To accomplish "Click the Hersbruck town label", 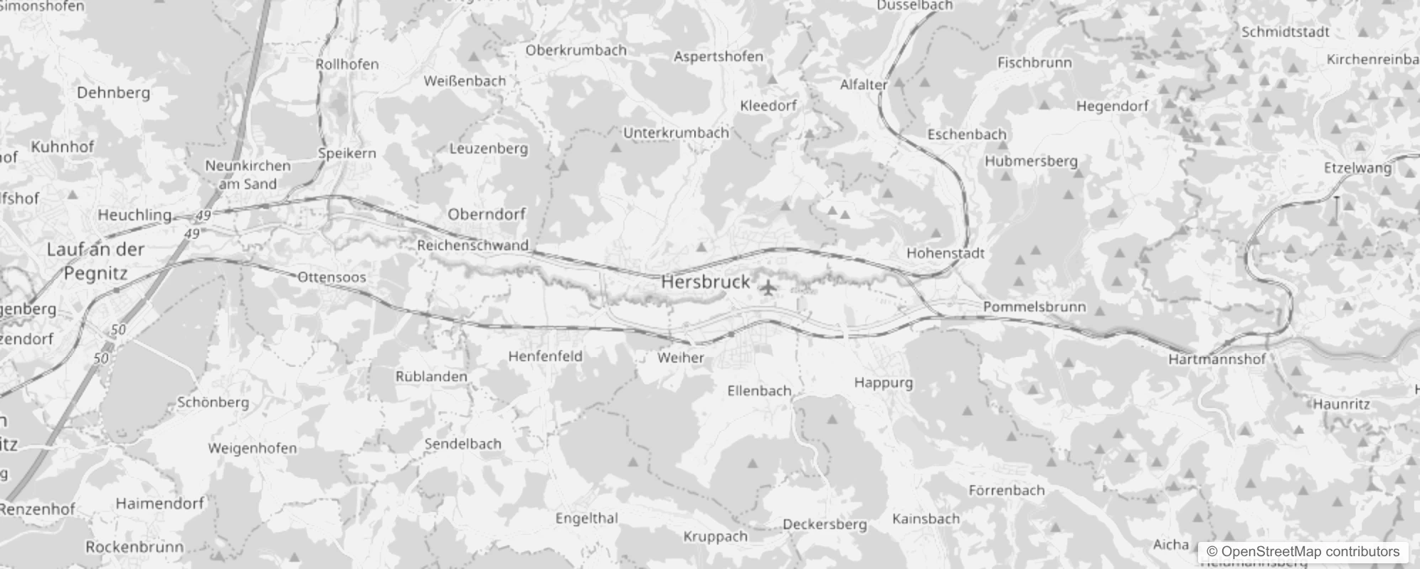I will [706, 282].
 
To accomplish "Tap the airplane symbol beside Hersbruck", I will [768, 288].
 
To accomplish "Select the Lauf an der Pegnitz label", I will [95, 261].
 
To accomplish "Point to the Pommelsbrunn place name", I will [1034, 307].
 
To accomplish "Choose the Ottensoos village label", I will [332, 277].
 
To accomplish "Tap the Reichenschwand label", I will [473, 246].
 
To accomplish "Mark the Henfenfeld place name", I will [545, 356].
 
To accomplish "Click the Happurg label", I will [883, 383].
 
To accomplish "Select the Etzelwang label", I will [1357, 169].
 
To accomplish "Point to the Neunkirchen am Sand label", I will [248, 175].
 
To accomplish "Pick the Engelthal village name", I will [587, 519].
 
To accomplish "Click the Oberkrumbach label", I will [576, 50].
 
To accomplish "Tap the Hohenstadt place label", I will [945, 253].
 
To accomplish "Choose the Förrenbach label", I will [1006, 490].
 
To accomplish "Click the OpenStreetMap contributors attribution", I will [1303, 551].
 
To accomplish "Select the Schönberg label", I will [213, 403].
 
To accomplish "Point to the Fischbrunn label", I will [1034, 63].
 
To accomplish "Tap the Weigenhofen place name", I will [252, 449].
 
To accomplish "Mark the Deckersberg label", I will [825, 525].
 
